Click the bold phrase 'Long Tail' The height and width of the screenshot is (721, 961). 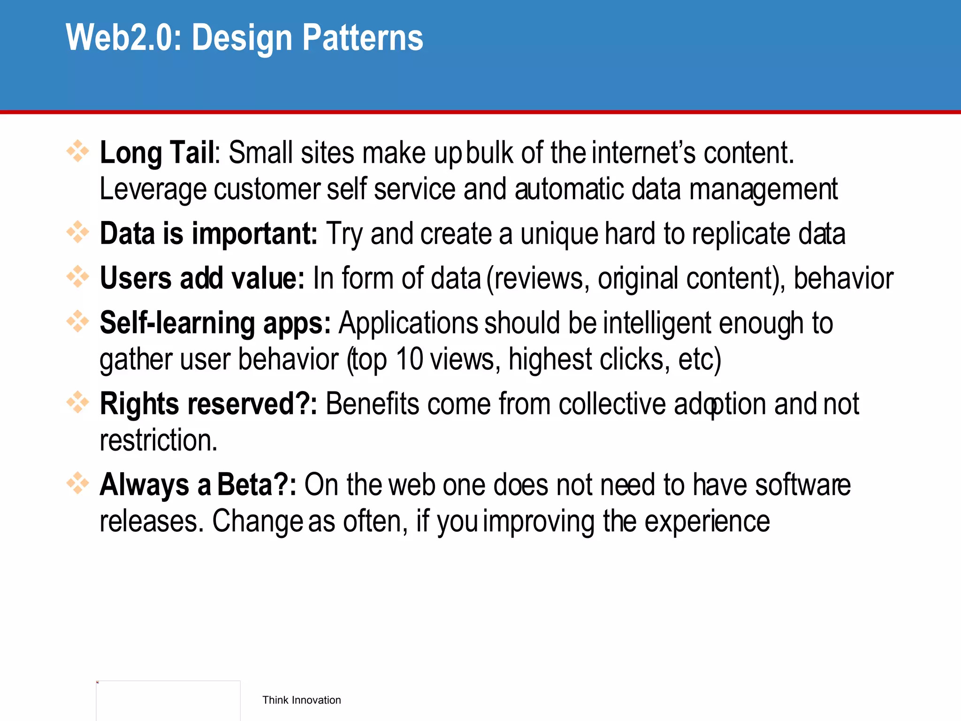point(157,153)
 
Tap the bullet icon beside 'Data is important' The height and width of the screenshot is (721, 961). point(77,232)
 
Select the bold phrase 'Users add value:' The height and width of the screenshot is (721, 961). point(202,278)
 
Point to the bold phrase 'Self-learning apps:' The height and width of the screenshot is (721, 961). point(215,323)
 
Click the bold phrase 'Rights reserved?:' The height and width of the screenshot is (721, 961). point(208,404)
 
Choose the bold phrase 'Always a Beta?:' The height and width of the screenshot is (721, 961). point(198,485)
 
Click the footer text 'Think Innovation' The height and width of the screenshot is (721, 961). point(301,700)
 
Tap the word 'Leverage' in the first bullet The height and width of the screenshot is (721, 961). point(153,190)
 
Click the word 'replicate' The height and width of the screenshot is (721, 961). point(741,234)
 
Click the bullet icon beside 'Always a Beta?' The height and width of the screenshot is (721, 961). point(77,483)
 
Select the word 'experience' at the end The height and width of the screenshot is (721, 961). point(707,521)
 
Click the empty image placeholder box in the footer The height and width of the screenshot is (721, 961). point(168,700)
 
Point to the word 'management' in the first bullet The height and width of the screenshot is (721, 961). point(763,190)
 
